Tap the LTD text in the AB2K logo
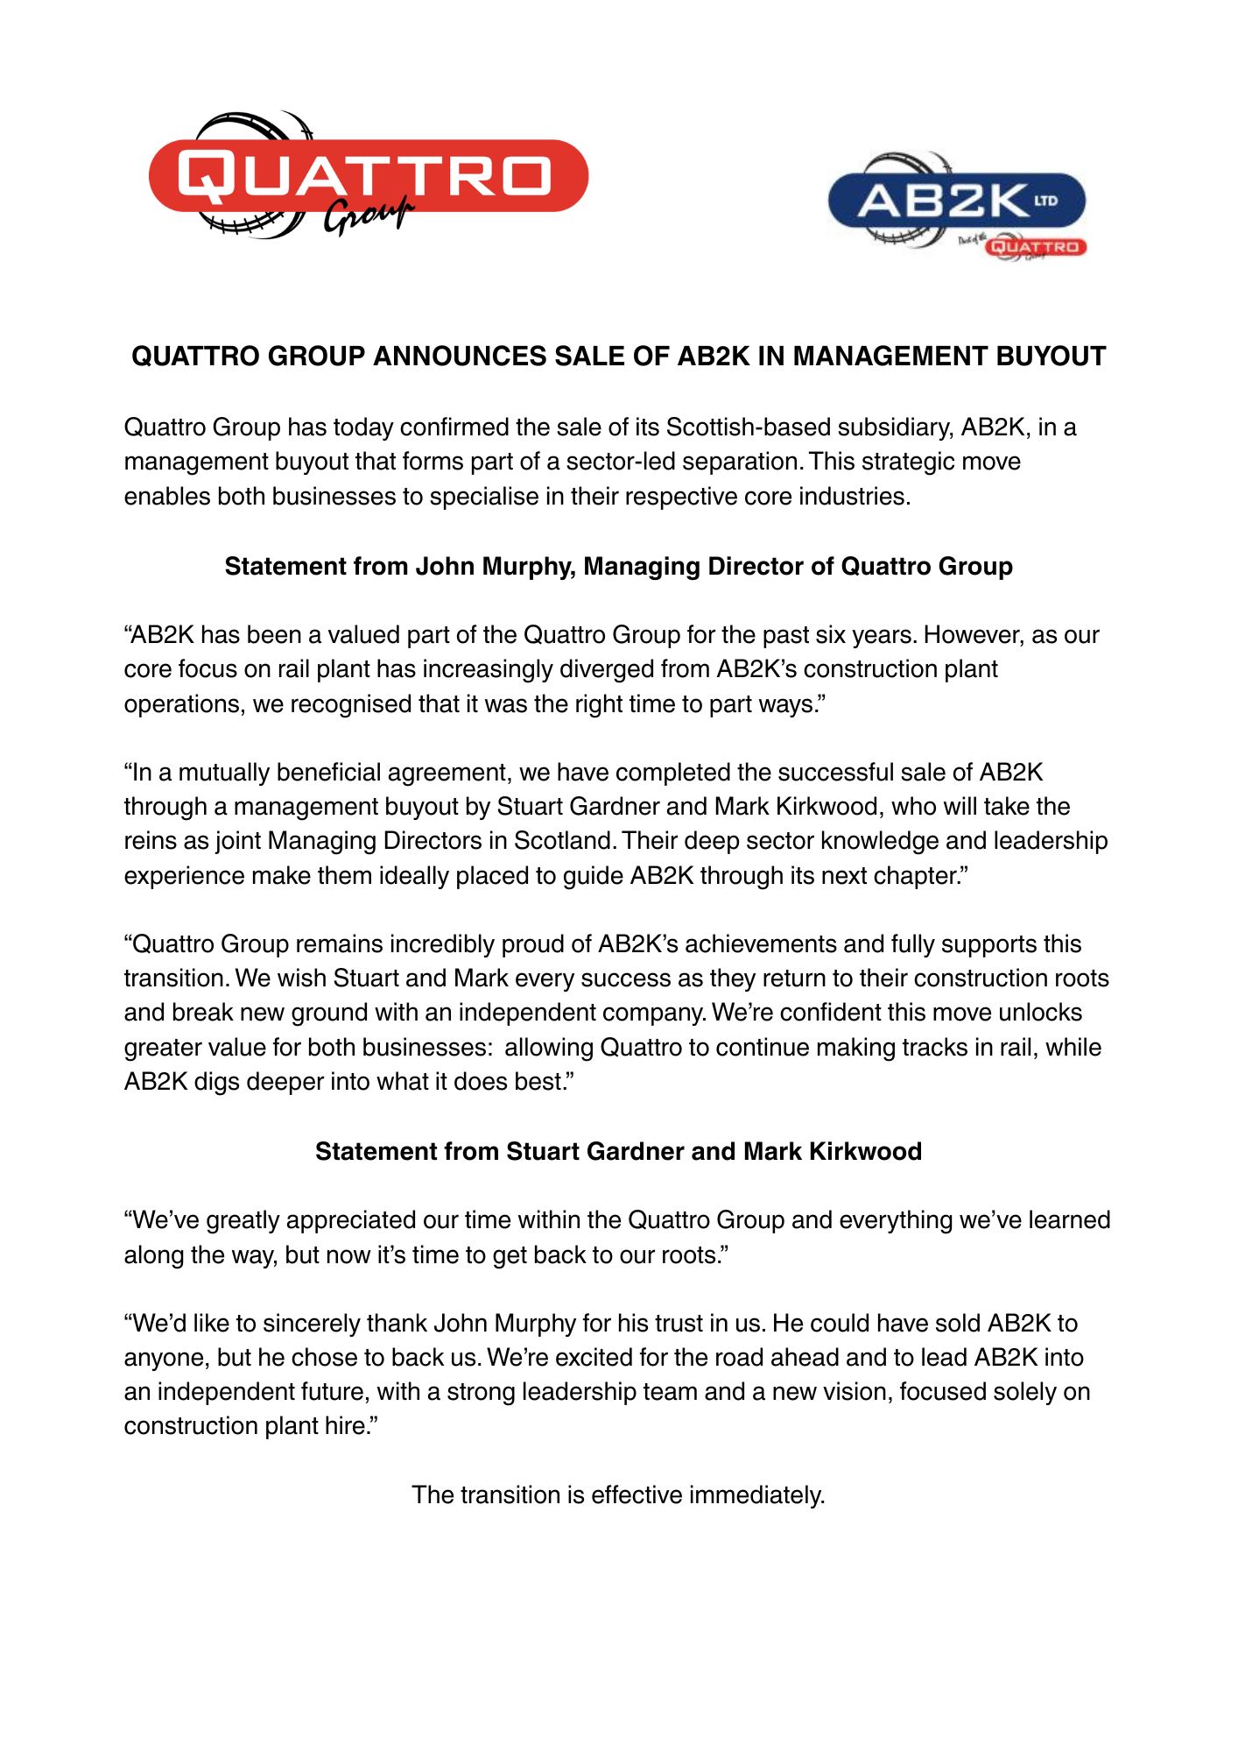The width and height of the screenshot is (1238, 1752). click(x=1046, y=201)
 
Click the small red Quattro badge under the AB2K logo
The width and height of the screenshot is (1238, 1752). click(x=1036, y=247)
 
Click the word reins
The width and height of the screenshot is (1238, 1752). click(x=151, y=841)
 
